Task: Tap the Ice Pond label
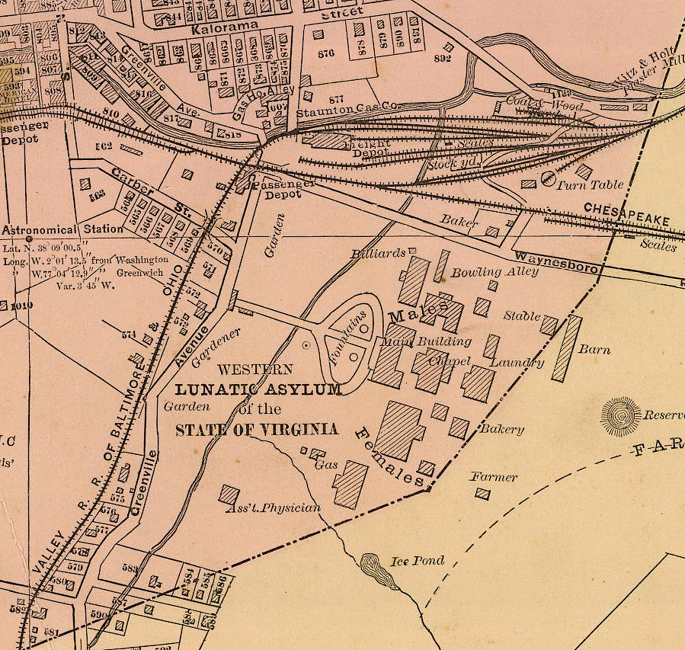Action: [x=417, y=562]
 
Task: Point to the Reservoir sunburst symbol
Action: [x=621, y=416]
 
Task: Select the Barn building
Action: [x=567, y=348]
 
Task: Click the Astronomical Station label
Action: [x=64, y=229]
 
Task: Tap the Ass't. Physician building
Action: [x=229, y=494]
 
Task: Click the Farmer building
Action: [x=482, y=494]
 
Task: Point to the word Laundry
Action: [x=517, y=362]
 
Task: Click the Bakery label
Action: [x=501, y=429]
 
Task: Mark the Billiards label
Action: [x=379, y=253]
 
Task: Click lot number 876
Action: [x=326, y=54]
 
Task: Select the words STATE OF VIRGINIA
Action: [x=257, y=430]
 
